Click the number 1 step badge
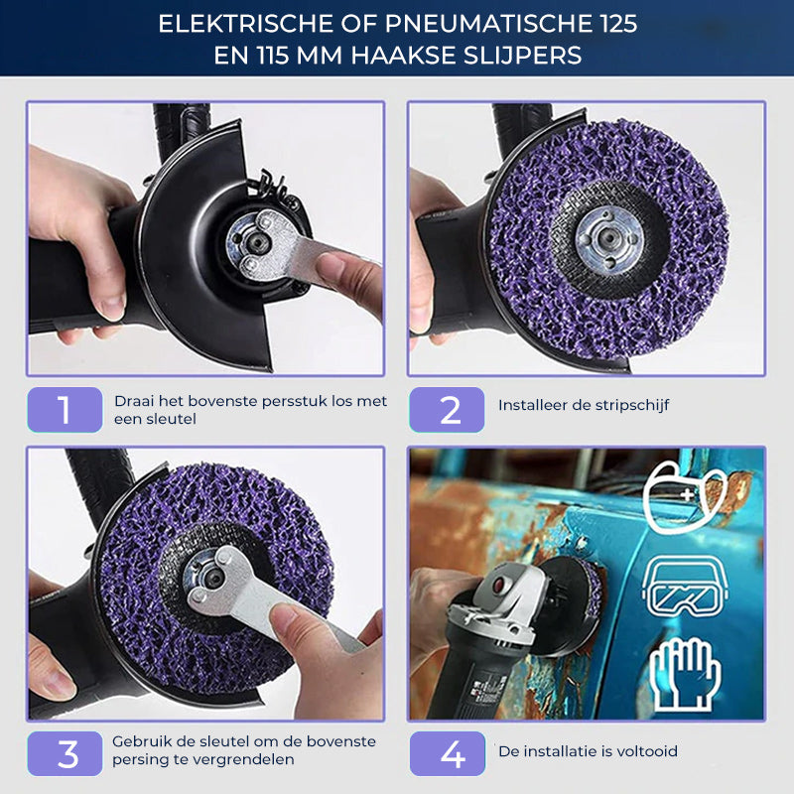(65, 410)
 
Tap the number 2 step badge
(447, 410)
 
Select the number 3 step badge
(65, 753)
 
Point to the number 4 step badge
(448, 753)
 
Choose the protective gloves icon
(685, 674)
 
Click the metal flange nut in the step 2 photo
(609, 238)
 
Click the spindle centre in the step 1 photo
(259, 243)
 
